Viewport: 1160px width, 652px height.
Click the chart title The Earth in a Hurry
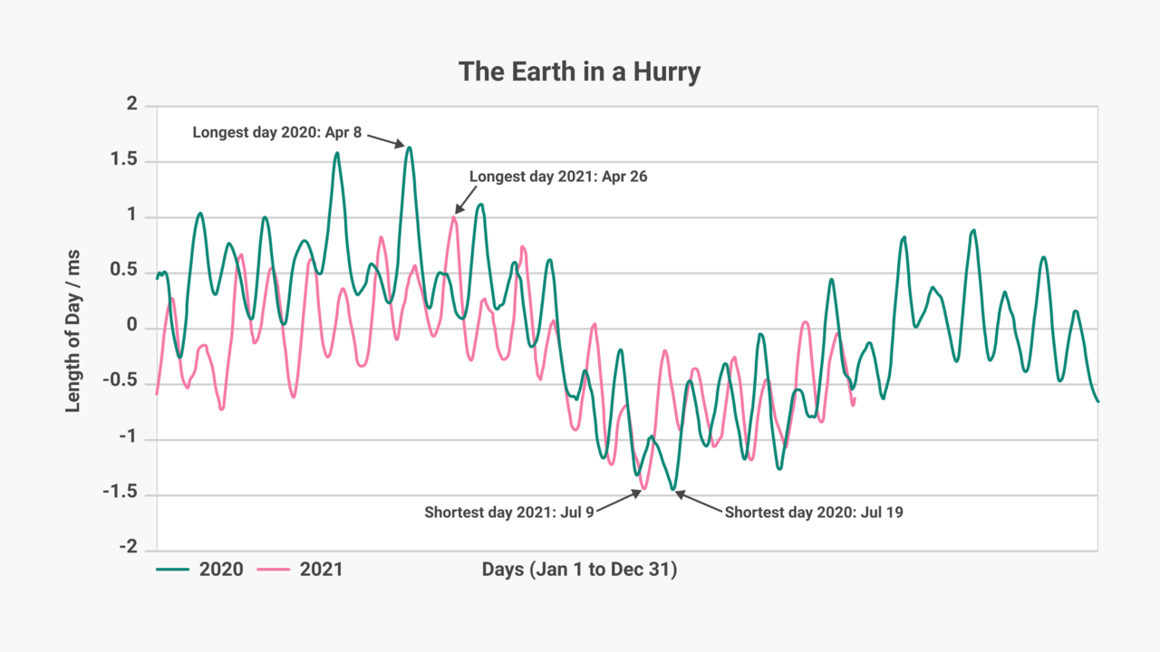coord(579,72)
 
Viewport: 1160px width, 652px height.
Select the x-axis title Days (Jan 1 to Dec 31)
coord(579,570)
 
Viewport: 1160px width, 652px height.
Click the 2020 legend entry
coord(199,570)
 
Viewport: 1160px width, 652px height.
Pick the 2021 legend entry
coord(299,570)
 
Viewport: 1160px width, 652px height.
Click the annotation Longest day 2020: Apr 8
coord(277,133)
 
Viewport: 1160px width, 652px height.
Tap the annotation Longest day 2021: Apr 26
coord(558,177)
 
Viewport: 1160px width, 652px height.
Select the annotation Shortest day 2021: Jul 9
coord(509,513)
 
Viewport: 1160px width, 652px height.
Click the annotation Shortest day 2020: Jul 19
coord(814,513)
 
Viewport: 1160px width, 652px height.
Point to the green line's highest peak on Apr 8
coord(410,148)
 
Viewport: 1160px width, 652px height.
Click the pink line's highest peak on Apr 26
coord(454,216)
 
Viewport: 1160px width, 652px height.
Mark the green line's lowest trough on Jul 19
coord(673,489)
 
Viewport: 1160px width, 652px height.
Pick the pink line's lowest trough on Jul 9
coord(643,489)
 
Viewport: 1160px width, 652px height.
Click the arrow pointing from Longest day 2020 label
coord(384,140)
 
